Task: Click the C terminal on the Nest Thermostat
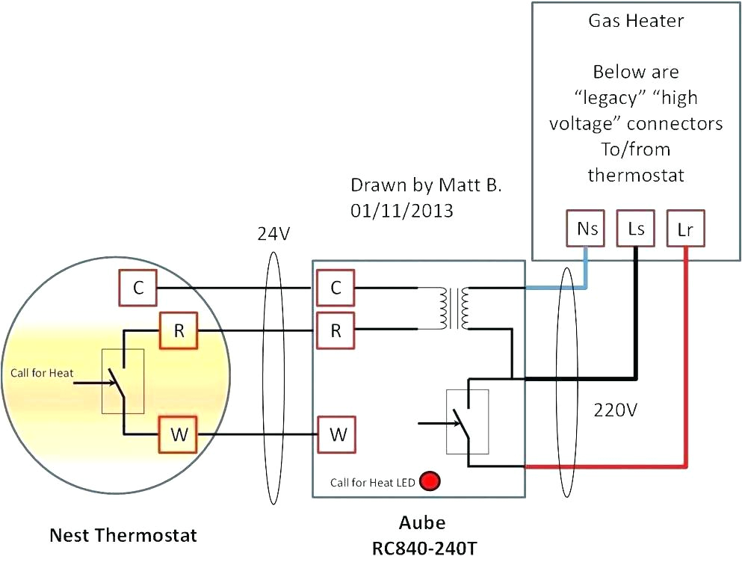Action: [x=137, y=288]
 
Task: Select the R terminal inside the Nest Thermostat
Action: [x=179, y=331]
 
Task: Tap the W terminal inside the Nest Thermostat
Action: [x=179, y=435]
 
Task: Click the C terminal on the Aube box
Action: [x=336, y=288]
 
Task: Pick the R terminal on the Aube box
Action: [x=336, y=331]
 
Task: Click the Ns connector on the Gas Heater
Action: [x=587, y=229]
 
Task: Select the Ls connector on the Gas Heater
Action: [x=636, y=229]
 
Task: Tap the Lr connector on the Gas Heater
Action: [x=685, y=229]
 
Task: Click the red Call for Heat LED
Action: [x=430, y=481]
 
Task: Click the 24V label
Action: [x=273, y=235]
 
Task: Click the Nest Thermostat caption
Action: [x=123, y=535]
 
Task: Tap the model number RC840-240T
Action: [x=424, y=549]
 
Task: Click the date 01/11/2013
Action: [x=402, y=211]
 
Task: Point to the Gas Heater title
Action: [x=636, y=20]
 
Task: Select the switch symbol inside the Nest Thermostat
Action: [x=123, y=381]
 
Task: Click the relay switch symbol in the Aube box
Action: [x=467, y=422]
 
